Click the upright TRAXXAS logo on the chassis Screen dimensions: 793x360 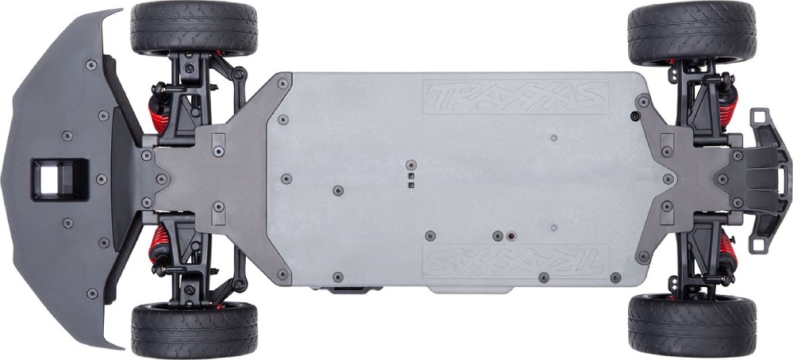[x=515, y=97]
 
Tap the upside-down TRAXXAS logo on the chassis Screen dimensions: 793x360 [x=515, y=262]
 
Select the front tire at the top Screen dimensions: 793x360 [x=193, y=28]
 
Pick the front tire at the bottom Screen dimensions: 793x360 [x=194, y=330]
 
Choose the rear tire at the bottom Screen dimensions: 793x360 [x=691, y=325]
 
